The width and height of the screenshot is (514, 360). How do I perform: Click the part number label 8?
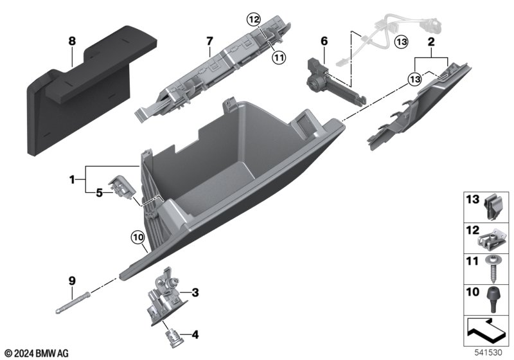pyautogui.click(x=72, y=41)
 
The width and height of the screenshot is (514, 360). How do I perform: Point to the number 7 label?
pyautogui.click(x=209, y=41)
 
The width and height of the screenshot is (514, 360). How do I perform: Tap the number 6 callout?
pyautogui.click(x=324, y=41)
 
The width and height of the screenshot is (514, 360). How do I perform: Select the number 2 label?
pyautogui.click(x=430, y=41)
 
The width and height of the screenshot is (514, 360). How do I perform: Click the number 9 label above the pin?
pyautogui.click(x=72, y=280)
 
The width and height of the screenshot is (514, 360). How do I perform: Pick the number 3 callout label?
pyautogui.click(x=195, y=293)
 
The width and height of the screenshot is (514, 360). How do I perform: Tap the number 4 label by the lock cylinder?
pyautogui.click(x=195, y=334)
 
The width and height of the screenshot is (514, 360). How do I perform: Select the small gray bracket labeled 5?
pyautogui.click(x=121, y=188)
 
